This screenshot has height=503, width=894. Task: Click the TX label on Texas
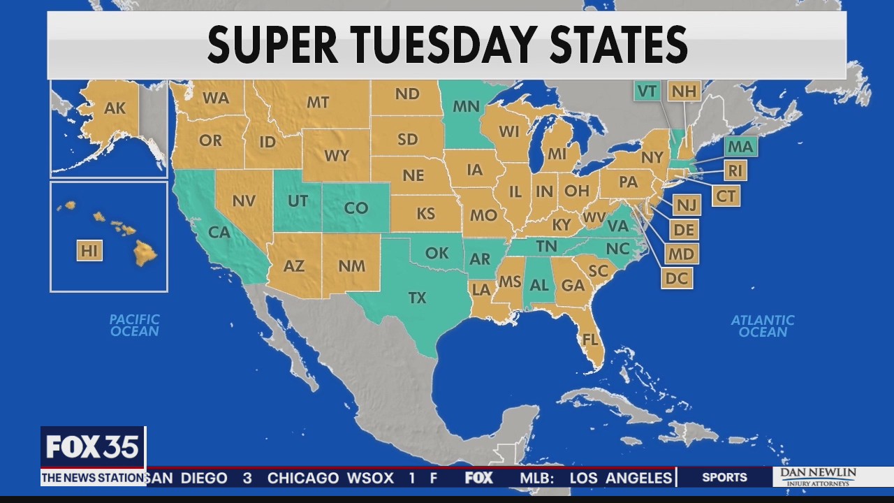[417, 298]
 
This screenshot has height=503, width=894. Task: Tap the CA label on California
[219, 232]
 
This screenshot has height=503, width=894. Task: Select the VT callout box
[647, 91]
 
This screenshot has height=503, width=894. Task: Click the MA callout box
[740, 147]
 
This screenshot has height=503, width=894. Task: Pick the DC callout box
[677, 278]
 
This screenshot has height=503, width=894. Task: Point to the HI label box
[89, 251]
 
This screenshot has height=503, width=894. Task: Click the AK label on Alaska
[115, 108]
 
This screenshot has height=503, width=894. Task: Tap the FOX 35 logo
[93, 447]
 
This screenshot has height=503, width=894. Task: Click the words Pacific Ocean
[135, 325]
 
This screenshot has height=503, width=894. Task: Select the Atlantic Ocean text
[763, 326]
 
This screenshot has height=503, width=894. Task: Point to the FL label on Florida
[590, 340]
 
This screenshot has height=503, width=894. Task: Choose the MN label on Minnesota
[466, 107]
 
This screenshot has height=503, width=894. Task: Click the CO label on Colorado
[356, 208]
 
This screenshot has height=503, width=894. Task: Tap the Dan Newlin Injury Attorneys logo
[818, 477]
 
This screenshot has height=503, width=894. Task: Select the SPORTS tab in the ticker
[724, 478]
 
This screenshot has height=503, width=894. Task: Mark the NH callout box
[684, 91]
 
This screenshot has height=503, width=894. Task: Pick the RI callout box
[734, 170]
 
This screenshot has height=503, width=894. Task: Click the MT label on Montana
[318, 103]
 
